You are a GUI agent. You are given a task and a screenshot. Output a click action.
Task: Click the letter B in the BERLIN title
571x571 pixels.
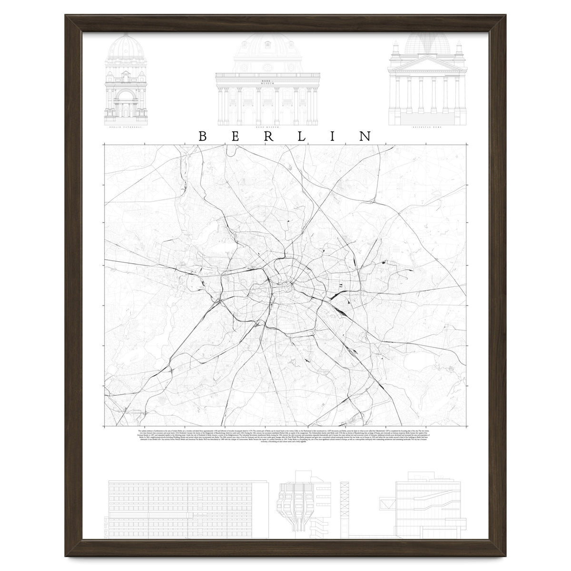[x=202, y=136]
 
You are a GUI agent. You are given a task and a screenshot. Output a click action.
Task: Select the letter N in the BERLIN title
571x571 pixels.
[x=365, y=136]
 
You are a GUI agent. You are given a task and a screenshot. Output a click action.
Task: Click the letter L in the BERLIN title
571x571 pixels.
[x=303, y=136]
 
